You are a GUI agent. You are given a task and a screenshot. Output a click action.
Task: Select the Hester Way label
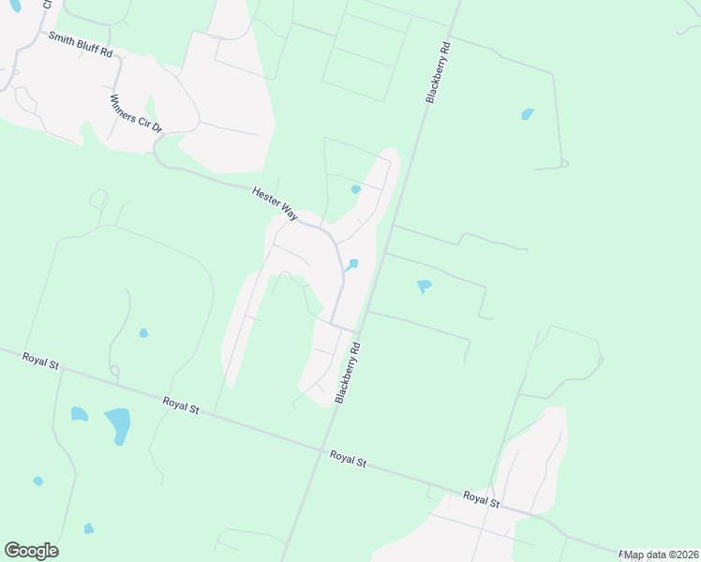point(274,203)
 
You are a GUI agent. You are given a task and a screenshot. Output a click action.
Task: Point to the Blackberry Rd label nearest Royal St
point(348,372)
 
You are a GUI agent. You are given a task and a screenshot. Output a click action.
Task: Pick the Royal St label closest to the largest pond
point(181,406)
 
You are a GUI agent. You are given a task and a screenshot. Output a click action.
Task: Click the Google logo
point(31,550)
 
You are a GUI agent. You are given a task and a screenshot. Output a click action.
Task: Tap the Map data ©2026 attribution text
point(661,555)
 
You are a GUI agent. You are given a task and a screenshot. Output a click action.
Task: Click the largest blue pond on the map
point(117,424)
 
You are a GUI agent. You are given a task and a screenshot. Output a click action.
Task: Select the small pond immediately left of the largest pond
point(79,413)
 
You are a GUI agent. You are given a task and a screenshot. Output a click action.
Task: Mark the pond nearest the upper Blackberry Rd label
point(528,114)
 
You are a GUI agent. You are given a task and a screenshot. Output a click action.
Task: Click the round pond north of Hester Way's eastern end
point(355,189)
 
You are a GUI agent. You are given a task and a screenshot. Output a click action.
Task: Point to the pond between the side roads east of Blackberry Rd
point(424,285)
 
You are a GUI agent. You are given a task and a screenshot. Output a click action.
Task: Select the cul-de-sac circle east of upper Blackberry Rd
point(564,164)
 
